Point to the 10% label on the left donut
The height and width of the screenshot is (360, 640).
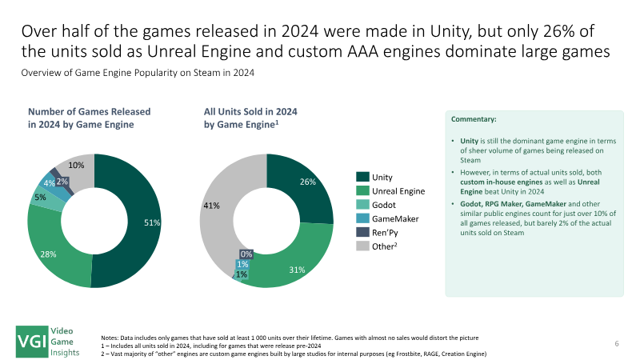(78, 165)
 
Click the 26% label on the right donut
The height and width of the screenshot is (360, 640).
(309, 182)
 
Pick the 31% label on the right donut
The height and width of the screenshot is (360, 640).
(298, 270)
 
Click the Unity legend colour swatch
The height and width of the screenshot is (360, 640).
(362, 177)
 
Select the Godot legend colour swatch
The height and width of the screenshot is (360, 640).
(362, 205)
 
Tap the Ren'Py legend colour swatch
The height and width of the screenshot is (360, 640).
(362, 233)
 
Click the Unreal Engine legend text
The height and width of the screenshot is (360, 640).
(398, 191)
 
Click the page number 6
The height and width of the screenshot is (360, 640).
(617, 343)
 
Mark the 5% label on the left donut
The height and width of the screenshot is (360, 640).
(40, 196)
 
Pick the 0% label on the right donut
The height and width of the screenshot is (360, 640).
(247, 254)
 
